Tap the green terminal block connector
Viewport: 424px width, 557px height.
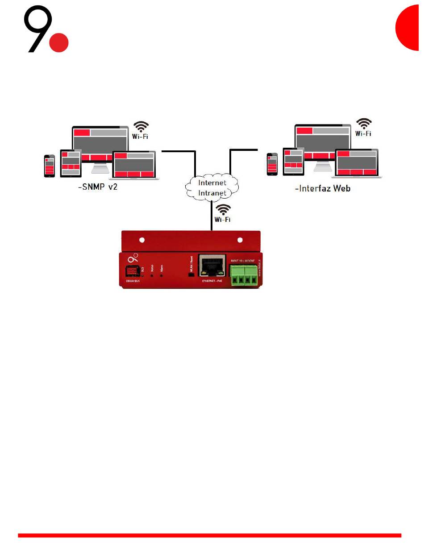[245, 275]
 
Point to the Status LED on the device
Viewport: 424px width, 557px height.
[152, 275]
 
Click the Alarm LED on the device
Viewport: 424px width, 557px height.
[162, 275]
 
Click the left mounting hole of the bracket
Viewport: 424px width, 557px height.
[142, 240]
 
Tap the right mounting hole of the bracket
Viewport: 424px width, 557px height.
[240, 240]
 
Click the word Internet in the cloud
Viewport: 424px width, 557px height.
[212, 183]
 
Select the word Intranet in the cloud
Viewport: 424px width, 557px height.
[212, 193]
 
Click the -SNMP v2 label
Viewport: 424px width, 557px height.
[97, 188]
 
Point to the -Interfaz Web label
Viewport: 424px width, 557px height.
[322, 188]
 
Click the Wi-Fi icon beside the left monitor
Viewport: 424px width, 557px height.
[141, 130]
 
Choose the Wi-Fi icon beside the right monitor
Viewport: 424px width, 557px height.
[364, 127]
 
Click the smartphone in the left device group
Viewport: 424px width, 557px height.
[49, 166]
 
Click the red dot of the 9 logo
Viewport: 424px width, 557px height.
[58, 42]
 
